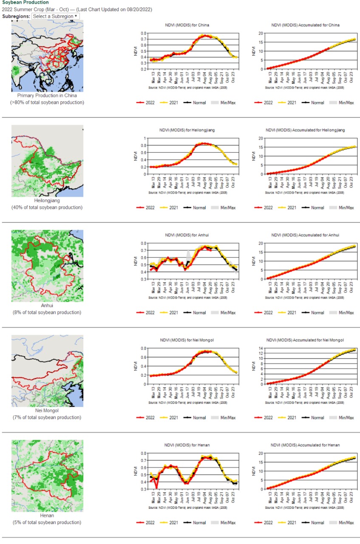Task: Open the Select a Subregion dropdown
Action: [x=55, y=16]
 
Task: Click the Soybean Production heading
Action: [x=26, y=3]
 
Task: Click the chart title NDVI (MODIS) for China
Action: [x=187, y=25]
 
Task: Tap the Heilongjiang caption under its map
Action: [x=47, y=200]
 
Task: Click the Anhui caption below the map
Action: [x=47, y=305]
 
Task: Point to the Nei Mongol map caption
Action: [x=47, y=410]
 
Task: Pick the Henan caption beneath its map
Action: [x=47, y=516]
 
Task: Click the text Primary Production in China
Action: [x=47, y=96]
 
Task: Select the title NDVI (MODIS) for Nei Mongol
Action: [x=187, y=340]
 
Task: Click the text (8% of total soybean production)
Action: [x=47, y=313]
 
